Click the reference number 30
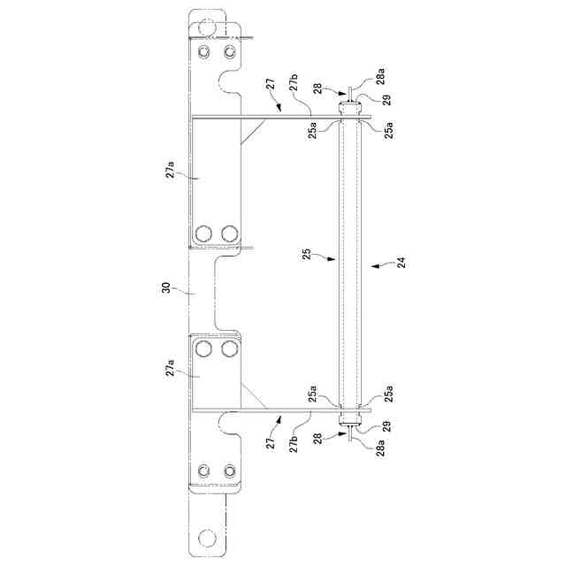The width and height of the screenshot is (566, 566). tap(166, 287)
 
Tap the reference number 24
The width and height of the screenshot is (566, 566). tap(401, 262)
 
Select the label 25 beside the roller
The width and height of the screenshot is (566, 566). tap(307, 254)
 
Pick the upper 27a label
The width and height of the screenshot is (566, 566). tap(170, 169)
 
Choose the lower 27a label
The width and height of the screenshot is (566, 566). tap(170, 368)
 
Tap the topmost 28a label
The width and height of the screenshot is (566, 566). tap(380, 76)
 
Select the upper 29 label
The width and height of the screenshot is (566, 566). tap(386, 100)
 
